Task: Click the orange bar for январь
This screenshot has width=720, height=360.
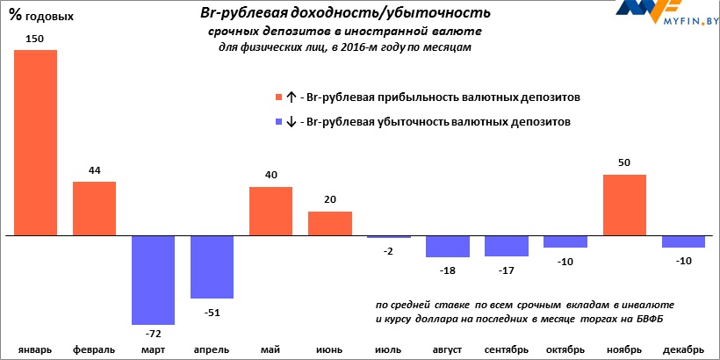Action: tap(35, 143)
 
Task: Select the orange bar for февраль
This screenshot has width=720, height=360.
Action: tap(94, 209)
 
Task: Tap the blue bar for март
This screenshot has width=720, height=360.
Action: tap(153, 280)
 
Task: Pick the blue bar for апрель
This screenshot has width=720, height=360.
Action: tap(212, 268)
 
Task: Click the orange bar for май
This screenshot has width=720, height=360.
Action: tap(270, 212)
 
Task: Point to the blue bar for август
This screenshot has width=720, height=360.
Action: tap(447, 247)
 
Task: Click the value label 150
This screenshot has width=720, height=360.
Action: tap(35, 40)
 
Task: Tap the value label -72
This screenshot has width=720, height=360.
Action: tap(154, 335)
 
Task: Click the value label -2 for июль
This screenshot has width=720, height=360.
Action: tap(388, 251)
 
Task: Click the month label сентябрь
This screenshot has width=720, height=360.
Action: tap(506, 349)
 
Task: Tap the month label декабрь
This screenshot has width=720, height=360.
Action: tap(683, 349)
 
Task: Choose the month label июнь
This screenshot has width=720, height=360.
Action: tap(329, 349)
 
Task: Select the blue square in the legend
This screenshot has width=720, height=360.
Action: tap(279, 122)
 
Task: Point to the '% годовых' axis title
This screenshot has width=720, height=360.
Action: tap(42, 16)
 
